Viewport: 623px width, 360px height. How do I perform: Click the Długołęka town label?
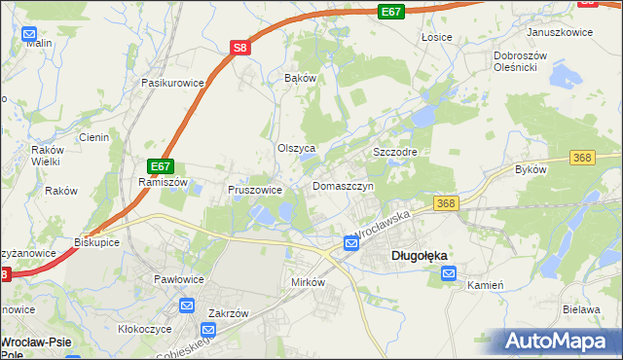[x=419, y=256]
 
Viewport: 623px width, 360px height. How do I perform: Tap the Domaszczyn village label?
[x=343, y=186]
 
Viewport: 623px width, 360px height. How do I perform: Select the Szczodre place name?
[x=395, y=153]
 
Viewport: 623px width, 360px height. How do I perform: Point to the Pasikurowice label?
[x=172, y=83]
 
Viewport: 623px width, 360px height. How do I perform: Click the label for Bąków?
[x=300, y=77]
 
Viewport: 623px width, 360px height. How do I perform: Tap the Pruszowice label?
[x=255, y=190]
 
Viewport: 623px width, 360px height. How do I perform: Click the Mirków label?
[x=308, y=281]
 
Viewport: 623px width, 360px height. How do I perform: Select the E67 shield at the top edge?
[x=391, y=11]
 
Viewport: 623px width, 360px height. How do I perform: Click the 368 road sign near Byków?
[x=582, y=157]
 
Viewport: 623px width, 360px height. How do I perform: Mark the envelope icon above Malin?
[x=28, y=31]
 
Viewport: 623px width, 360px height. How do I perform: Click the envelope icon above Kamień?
[x=449, y=274]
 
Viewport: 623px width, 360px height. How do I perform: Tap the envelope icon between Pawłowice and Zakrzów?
[x=187, y=306]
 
